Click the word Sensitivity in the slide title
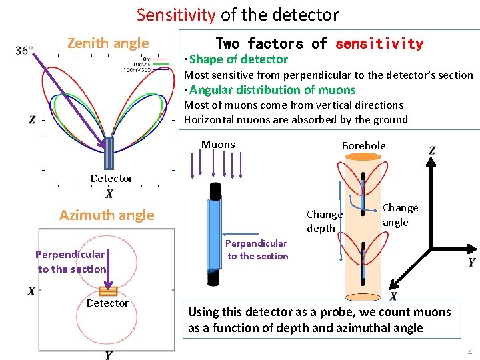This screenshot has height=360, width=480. [175, 15]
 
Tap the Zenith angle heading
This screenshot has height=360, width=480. [108, 43]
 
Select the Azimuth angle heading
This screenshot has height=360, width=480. [107, 215]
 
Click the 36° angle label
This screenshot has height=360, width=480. [25, 51]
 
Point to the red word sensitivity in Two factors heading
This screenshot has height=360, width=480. [379, 44]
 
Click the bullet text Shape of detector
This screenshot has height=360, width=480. [238, 59]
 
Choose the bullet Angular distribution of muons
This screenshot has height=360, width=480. [272, 90]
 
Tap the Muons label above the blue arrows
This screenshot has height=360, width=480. [218, 144]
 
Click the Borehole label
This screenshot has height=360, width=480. [363, 145]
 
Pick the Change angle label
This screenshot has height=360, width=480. [400, 215]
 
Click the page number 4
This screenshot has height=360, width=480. [469, 352]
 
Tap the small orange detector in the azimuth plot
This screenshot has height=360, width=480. [108, 291]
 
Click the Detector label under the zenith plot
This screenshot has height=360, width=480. [111, 178]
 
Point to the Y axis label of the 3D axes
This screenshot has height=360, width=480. [471, 262]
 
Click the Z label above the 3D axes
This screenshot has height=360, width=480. [432, 151]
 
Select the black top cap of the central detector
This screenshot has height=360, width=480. [214, 191]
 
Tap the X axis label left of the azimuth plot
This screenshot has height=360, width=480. [31, 291]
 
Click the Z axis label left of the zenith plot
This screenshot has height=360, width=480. [31, 120]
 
